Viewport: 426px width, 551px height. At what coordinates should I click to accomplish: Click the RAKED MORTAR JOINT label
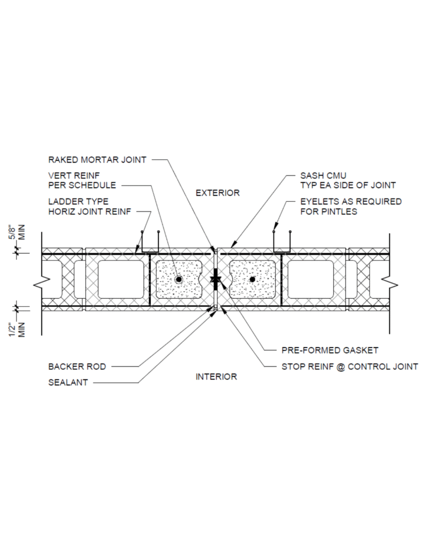tap(97, 160)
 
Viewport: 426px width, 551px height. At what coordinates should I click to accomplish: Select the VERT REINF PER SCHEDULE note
tap(82, 180)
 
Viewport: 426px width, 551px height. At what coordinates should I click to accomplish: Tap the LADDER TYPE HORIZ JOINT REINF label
tap(89, 207)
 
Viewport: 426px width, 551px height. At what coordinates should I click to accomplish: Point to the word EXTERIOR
tap(218, 193)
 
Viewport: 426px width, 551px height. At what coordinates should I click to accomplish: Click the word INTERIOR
tap(217, 377)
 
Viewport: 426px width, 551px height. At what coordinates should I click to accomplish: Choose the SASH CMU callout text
tap(323, 176)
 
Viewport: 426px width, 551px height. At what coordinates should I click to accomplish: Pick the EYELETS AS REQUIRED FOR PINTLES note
tap(351, 207)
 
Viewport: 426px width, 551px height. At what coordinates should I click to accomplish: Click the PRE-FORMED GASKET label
tap(330, 350)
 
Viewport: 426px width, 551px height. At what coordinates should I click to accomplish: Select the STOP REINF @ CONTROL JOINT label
tap(350, 367)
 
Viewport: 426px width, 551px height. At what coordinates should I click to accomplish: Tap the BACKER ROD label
tap(77, 367)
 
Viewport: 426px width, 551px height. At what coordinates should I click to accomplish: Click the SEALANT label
tap(68, 383)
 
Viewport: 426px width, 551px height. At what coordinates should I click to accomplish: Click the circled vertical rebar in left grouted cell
tap(179, 279)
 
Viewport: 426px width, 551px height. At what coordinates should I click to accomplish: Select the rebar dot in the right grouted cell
tap(252, 279)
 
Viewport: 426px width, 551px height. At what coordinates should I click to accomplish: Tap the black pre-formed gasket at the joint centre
tap(215, 279)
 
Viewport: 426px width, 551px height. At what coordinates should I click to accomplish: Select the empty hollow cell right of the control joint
tap(311, 279)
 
